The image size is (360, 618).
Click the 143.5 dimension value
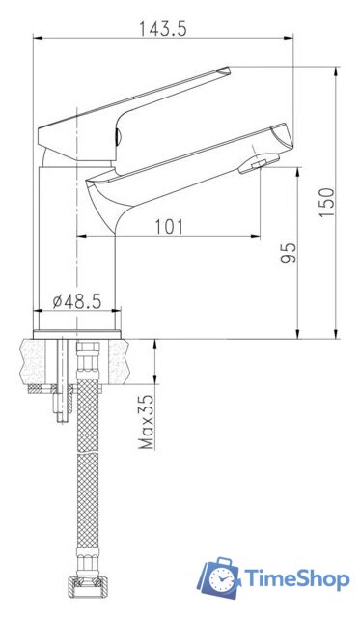pos(162,28)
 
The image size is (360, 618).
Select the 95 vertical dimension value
pos(288,253)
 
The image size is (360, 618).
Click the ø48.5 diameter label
pos(77,301)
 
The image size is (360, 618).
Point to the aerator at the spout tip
pos(253,168)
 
